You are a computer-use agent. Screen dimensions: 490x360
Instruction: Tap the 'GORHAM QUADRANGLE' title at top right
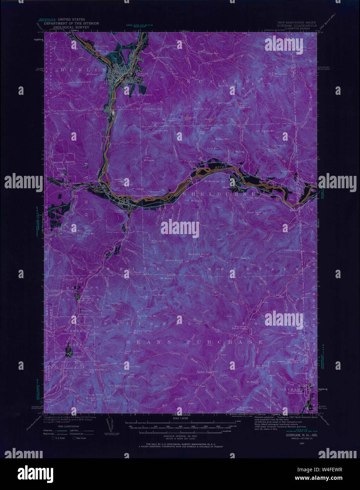click(297, 26)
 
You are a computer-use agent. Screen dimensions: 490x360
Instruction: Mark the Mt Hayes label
click(149, 160)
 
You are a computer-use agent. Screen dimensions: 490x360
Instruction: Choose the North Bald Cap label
click(226, 86)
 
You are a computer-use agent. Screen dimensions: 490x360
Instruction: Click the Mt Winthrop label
click(212, 182)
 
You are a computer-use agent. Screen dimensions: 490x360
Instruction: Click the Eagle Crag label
click(246, 408)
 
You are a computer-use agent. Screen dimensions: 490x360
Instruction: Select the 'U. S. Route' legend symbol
click(53, 438)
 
